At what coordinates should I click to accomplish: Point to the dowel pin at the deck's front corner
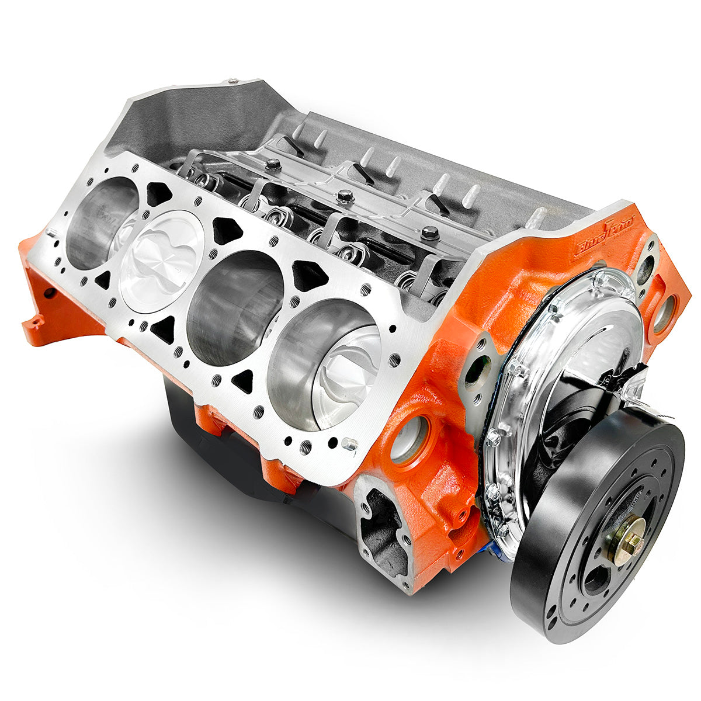pos(351,444)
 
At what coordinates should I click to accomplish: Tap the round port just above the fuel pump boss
pos(409,438)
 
